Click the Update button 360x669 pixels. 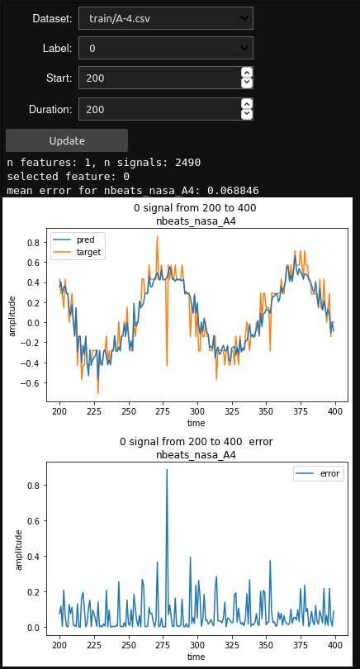click(66, 140)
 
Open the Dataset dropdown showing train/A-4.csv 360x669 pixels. click(165, 18)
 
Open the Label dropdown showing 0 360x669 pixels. click(165, 49)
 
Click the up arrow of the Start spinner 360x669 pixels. click(247, 73)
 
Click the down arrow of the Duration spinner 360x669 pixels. click(247, 114)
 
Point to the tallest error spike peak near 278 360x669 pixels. click(167, 469)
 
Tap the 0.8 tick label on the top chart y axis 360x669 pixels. click(32, 243)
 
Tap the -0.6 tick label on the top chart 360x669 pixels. click(30, 383)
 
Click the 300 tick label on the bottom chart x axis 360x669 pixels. click(197, 643)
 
